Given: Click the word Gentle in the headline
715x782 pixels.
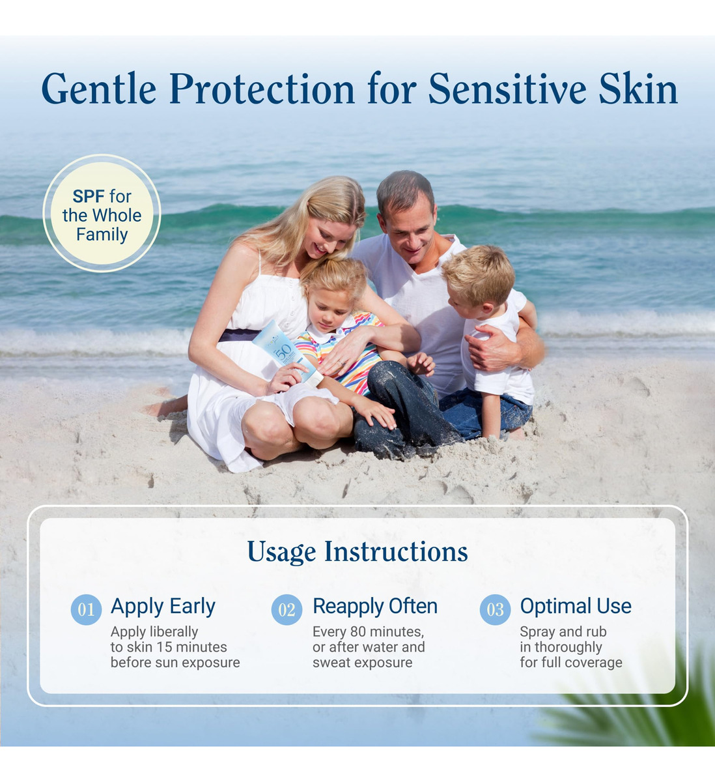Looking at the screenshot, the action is [99, 89].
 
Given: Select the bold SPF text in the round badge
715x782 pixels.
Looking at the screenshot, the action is [89, 196].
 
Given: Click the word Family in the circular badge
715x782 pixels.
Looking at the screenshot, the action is [102, 235].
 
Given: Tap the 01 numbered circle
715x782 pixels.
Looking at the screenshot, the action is [86, 610].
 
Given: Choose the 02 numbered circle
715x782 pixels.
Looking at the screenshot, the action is [287, 610].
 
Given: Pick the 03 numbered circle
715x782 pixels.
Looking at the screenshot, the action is [496, 610].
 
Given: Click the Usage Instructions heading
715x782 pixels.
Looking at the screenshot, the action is [357, 552].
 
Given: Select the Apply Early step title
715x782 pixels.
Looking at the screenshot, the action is [163, 607].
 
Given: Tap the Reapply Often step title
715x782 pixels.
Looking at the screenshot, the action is [375, 607].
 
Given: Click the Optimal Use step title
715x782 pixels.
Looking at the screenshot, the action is [576, 606].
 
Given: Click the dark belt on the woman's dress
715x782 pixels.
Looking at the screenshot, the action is [239, 335].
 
